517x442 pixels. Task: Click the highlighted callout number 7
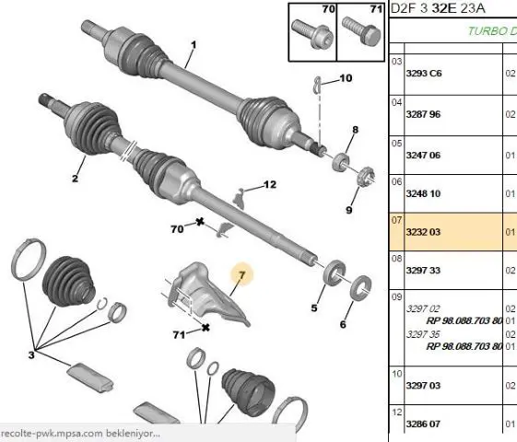[242, 274]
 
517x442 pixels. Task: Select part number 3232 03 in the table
[423, 232]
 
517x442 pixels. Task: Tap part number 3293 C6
[424, 73]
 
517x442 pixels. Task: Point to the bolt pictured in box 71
[361, 31]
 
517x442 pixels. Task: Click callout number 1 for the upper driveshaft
[194, 44]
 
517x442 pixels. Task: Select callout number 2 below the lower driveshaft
[75, 179]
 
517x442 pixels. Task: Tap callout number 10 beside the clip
[346, 78]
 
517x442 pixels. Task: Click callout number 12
[270, 184]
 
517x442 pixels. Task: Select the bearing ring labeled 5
[335, 272]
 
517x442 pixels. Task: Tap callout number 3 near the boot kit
[31, 355]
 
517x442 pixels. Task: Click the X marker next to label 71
[206, 328]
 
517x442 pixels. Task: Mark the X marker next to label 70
[199, 222]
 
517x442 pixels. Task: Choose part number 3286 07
[423, 424]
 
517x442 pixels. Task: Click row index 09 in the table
[397, 297]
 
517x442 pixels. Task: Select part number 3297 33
[423, 271]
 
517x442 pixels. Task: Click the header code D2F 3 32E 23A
[438, 8]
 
